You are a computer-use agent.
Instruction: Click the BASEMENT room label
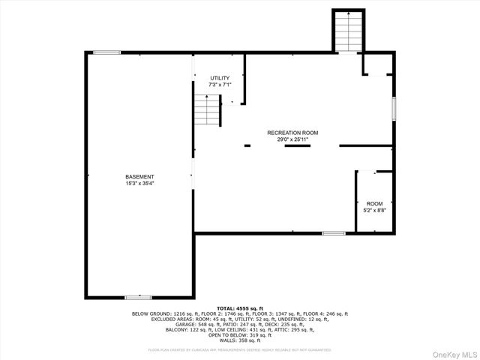[139, 176]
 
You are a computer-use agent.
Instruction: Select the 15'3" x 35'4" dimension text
[139, 183]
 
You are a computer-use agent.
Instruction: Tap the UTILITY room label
[220, 78]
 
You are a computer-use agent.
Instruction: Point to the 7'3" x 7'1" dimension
[220, 85]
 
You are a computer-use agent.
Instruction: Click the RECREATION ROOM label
[287, 133]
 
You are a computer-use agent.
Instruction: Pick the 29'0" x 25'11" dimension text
[287, 139]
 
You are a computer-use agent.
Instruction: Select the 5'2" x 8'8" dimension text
[373, 211]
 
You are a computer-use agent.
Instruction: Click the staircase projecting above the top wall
[347, 32]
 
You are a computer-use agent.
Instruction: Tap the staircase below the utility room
[206, 111]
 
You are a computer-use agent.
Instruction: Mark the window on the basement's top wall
[106, 52]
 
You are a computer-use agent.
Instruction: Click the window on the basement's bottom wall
[138, 298]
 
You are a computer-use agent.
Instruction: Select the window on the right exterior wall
[393, 109]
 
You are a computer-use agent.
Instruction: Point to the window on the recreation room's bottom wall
[333, 233]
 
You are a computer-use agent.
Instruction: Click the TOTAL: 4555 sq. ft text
[240, 308]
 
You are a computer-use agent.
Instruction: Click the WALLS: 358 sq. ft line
[240, 340]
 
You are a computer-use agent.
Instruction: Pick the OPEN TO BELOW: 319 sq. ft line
[240, 334]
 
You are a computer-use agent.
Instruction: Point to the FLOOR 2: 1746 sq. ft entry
[204, 313]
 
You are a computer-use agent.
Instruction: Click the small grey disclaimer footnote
[240, 349]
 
